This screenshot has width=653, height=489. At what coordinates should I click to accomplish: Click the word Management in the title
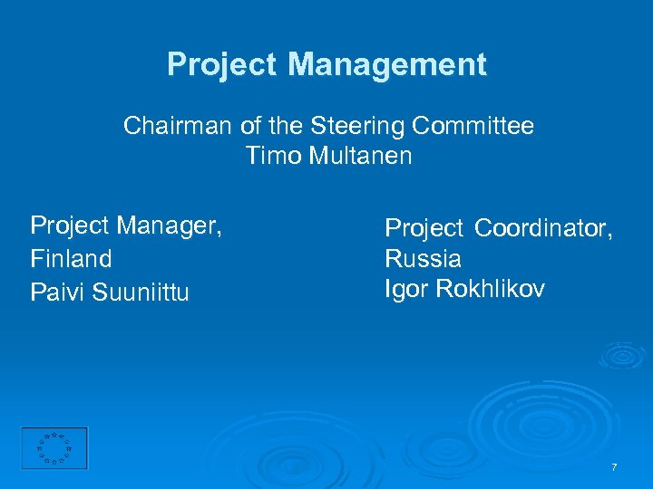[x=387, y=65]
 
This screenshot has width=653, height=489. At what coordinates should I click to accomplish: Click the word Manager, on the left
[x=169, y=225]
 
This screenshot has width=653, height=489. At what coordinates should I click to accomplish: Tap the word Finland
[x=72, y=259]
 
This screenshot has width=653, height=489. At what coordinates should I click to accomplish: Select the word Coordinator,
[x=544, y=229]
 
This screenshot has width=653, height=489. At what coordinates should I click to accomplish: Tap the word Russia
[x=424, y=259]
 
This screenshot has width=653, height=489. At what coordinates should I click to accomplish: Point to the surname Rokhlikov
[x=491, y=289]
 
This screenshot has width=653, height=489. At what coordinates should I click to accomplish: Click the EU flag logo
[x=54, y=448]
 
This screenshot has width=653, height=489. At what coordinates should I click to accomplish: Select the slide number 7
[x=614, y=467]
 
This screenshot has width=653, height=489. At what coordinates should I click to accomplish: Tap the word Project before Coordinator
[x=424, y=229]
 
